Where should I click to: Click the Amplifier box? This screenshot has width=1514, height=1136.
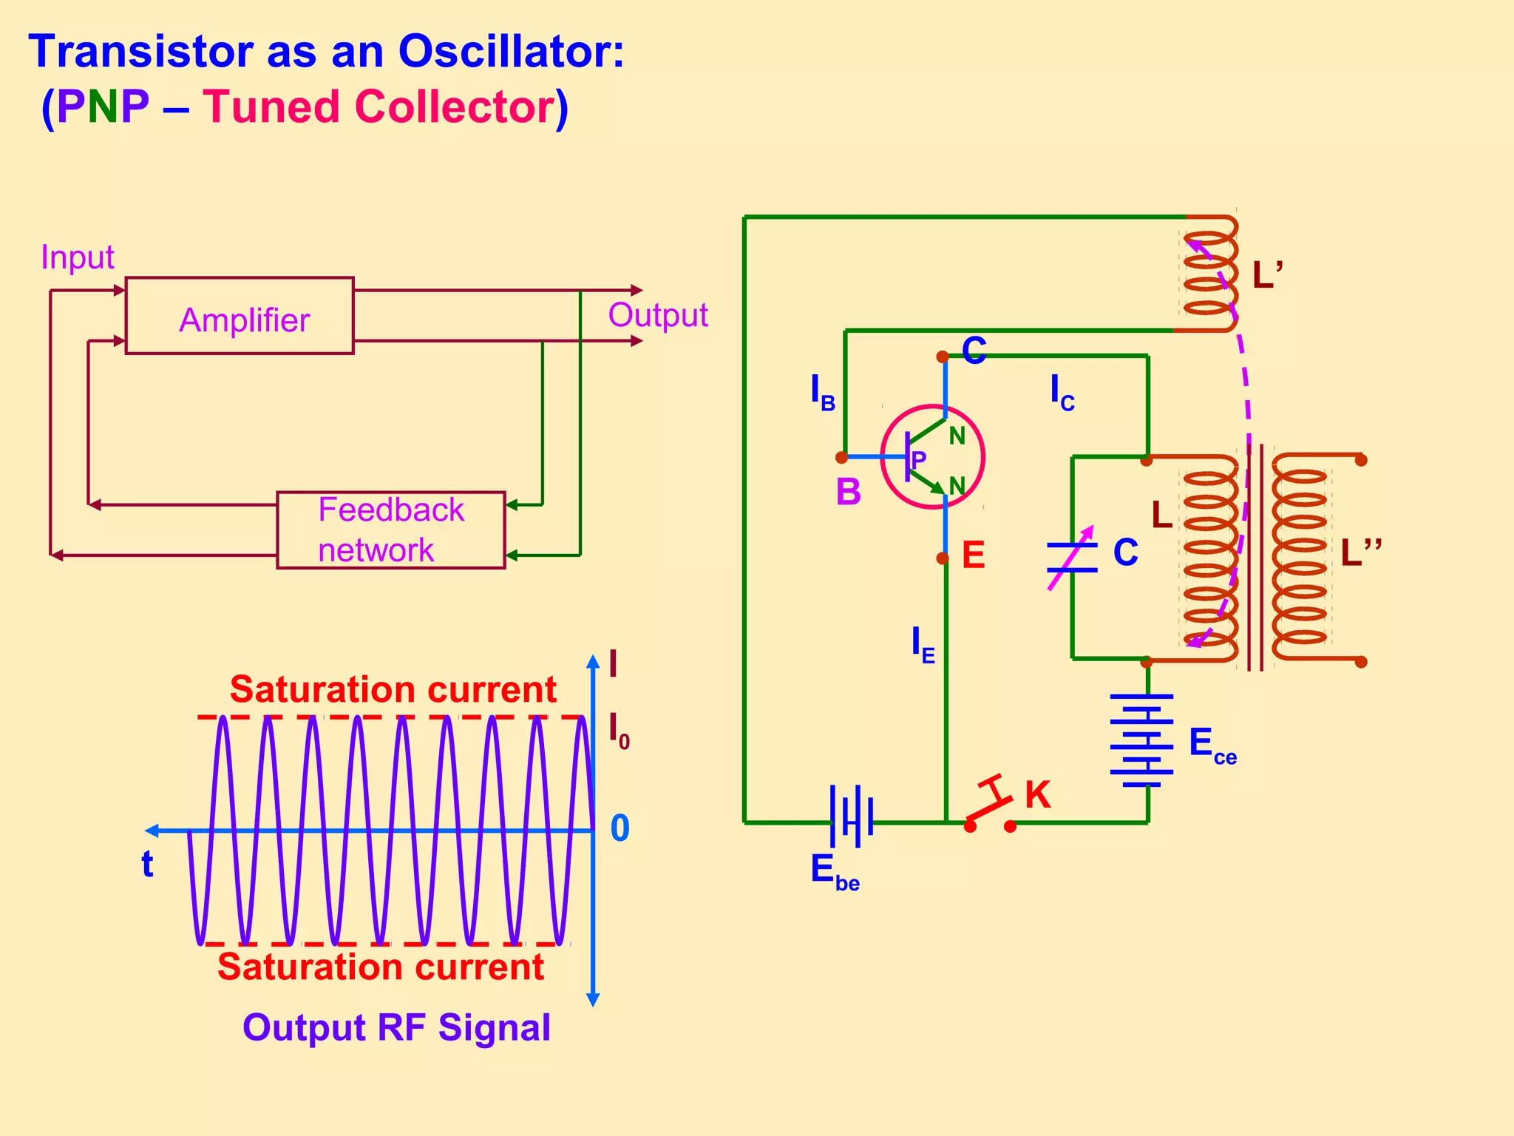pyautogui.click(x=239, y=316)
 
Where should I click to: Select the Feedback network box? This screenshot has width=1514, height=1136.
pyautogui.click(x=390, y=530)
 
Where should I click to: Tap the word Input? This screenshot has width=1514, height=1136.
pyautogui.click(x=77, y=257)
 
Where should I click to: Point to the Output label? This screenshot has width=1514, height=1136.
pyautogui.click(x=657, y=315)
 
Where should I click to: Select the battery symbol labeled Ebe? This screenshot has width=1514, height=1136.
pyautogui.click(x=851, y=816)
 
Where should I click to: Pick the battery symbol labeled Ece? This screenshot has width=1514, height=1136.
pyautogui.click(x=1141, y=740)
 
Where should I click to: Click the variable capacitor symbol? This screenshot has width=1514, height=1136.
pyautogui.click(x=1072, y=558)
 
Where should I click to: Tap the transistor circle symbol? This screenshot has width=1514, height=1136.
pyautogui.click(x=932, y=456)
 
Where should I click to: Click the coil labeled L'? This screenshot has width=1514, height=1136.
pyautogui.click(x=1209, y=274)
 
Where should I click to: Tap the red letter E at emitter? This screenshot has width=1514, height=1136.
pyautogui.click(x=973, y=555)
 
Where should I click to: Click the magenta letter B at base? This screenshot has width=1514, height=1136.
pyautogui.click(x=848, y=492)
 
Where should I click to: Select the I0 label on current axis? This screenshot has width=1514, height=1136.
pyautogui.click(x=618, y=731)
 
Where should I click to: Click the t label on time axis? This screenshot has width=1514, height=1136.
pyautogui.click(x=147, y=864)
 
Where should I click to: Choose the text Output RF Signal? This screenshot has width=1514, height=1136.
pyautogui.click(x=396, y=1027)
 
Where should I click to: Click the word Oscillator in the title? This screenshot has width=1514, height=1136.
pyautogui.click(x=511, y=52)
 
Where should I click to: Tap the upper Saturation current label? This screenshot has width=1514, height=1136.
pyautogui.click(x=393, y=689)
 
